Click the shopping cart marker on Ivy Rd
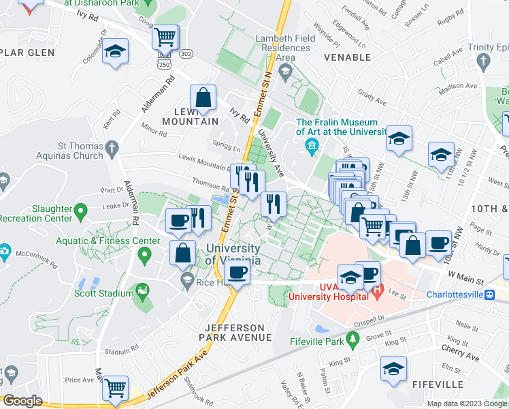pos(164,36)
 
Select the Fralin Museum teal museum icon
pos(312,145)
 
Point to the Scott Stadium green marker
pos(142,293)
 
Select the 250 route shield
pos(163,63)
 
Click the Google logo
pos(22,401)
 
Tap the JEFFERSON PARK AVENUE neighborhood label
pos(233,332)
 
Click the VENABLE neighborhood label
pos(347,58)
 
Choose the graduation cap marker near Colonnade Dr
pos(115,51)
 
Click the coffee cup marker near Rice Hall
pos(237,273)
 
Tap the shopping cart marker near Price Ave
pos(115,388)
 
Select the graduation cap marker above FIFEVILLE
pos(393,369)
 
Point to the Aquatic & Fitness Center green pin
pos(144,256)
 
